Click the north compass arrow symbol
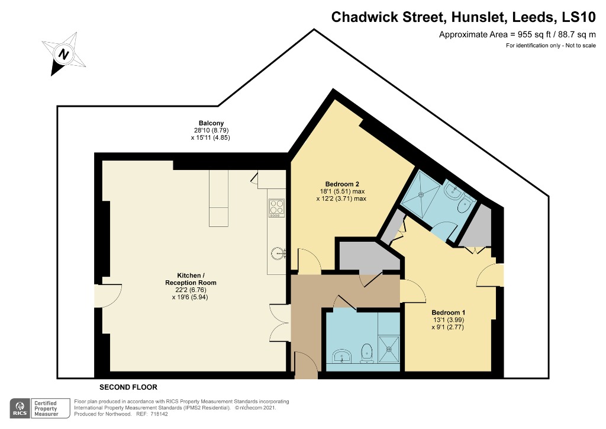63,54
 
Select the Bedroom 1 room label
448,312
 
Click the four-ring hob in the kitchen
277,207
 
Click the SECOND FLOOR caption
128,387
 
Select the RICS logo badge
21,408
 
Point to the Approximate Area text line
517,34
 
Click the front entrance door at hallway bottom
305,366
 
